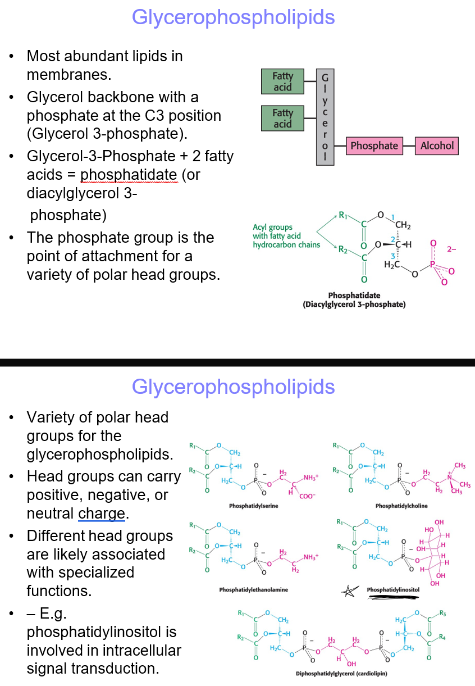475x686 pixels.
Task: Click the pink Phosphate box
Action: point(374,146)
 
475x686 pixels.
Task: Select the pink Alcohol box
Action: point(436,146)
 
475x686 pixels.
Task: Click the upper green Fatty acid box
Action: point(282,82)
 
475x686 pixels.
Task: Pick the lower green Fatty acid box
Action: point(282,119)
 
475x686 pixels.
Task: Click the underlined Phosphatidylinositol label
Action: point(393,590)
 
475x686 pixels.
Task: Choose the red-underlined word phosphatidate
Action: point(129,175)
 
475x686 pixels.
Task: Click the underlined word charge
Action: point(102,514)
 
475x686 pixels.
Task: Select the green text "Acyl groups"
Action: point(272,228)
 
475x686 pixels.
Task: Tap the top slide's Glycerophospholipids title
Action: point(233,17)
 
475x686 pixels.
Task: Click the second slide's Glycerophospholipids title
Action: point(233,387)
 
